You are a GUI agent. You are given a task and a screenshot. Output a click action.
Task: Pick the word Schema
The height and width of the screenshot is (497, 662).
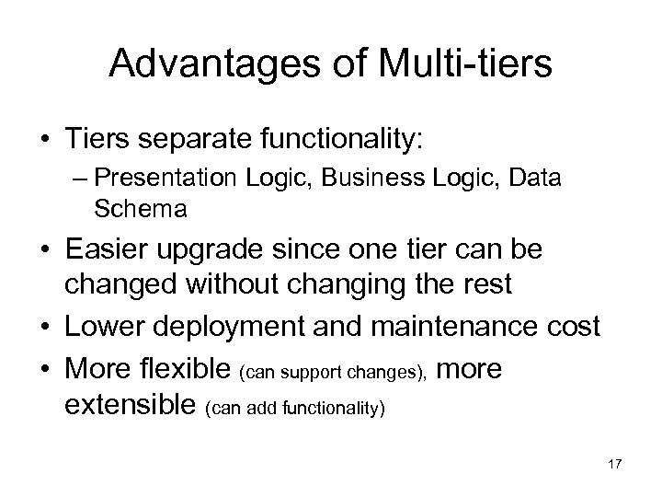click(x=141, y=210)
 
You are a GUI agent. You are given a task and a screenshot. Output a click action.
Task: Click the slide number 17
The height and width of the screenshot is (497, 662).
click(x=614, y=464)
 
